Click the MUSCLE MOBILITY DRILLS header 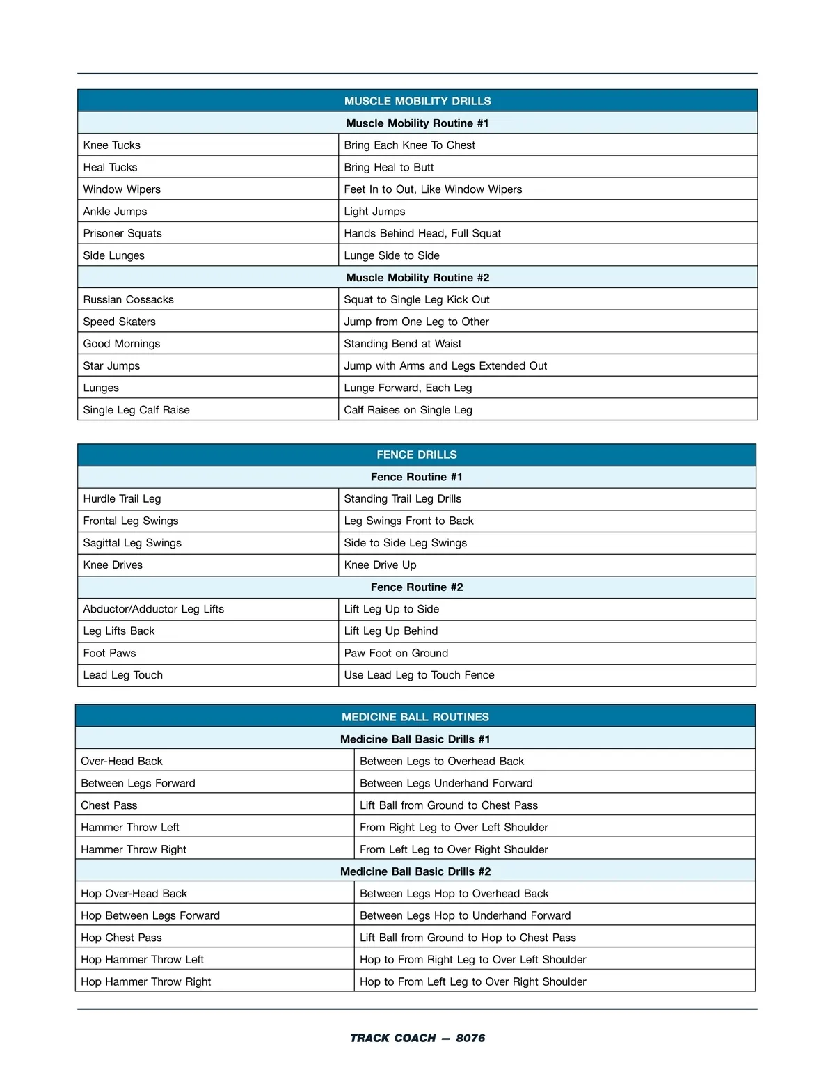point(417,101)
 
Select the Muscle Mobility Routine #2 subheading point(417,278)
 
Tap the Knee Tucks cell point(112,145)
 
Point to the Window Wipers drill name point(122,189)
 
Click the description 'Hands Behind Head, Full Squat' point(422,234)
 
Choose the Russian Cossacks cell point(129,300)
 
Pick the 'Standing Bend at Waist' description point(403,344)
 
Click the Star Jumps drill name point(111,366)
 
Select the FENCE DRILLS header point(417,455)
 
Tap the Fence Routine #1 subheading point(417,477)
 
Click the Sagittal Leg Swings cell point(132,543)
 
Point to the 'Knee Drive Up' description point(380,565)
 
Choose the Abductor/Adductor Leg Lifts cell point(154,609)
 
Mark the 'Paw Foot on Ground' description point(396,653)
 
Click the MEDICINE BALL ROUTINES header point(415,717)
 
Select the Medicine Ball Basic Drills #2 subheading point(415,871)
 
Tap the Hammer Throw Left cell point(130,828)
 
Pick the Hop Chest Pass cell point(121,938)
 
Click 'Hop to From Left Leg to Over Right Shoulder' point(473,981)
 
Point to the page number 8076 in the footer point(470,1038)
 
